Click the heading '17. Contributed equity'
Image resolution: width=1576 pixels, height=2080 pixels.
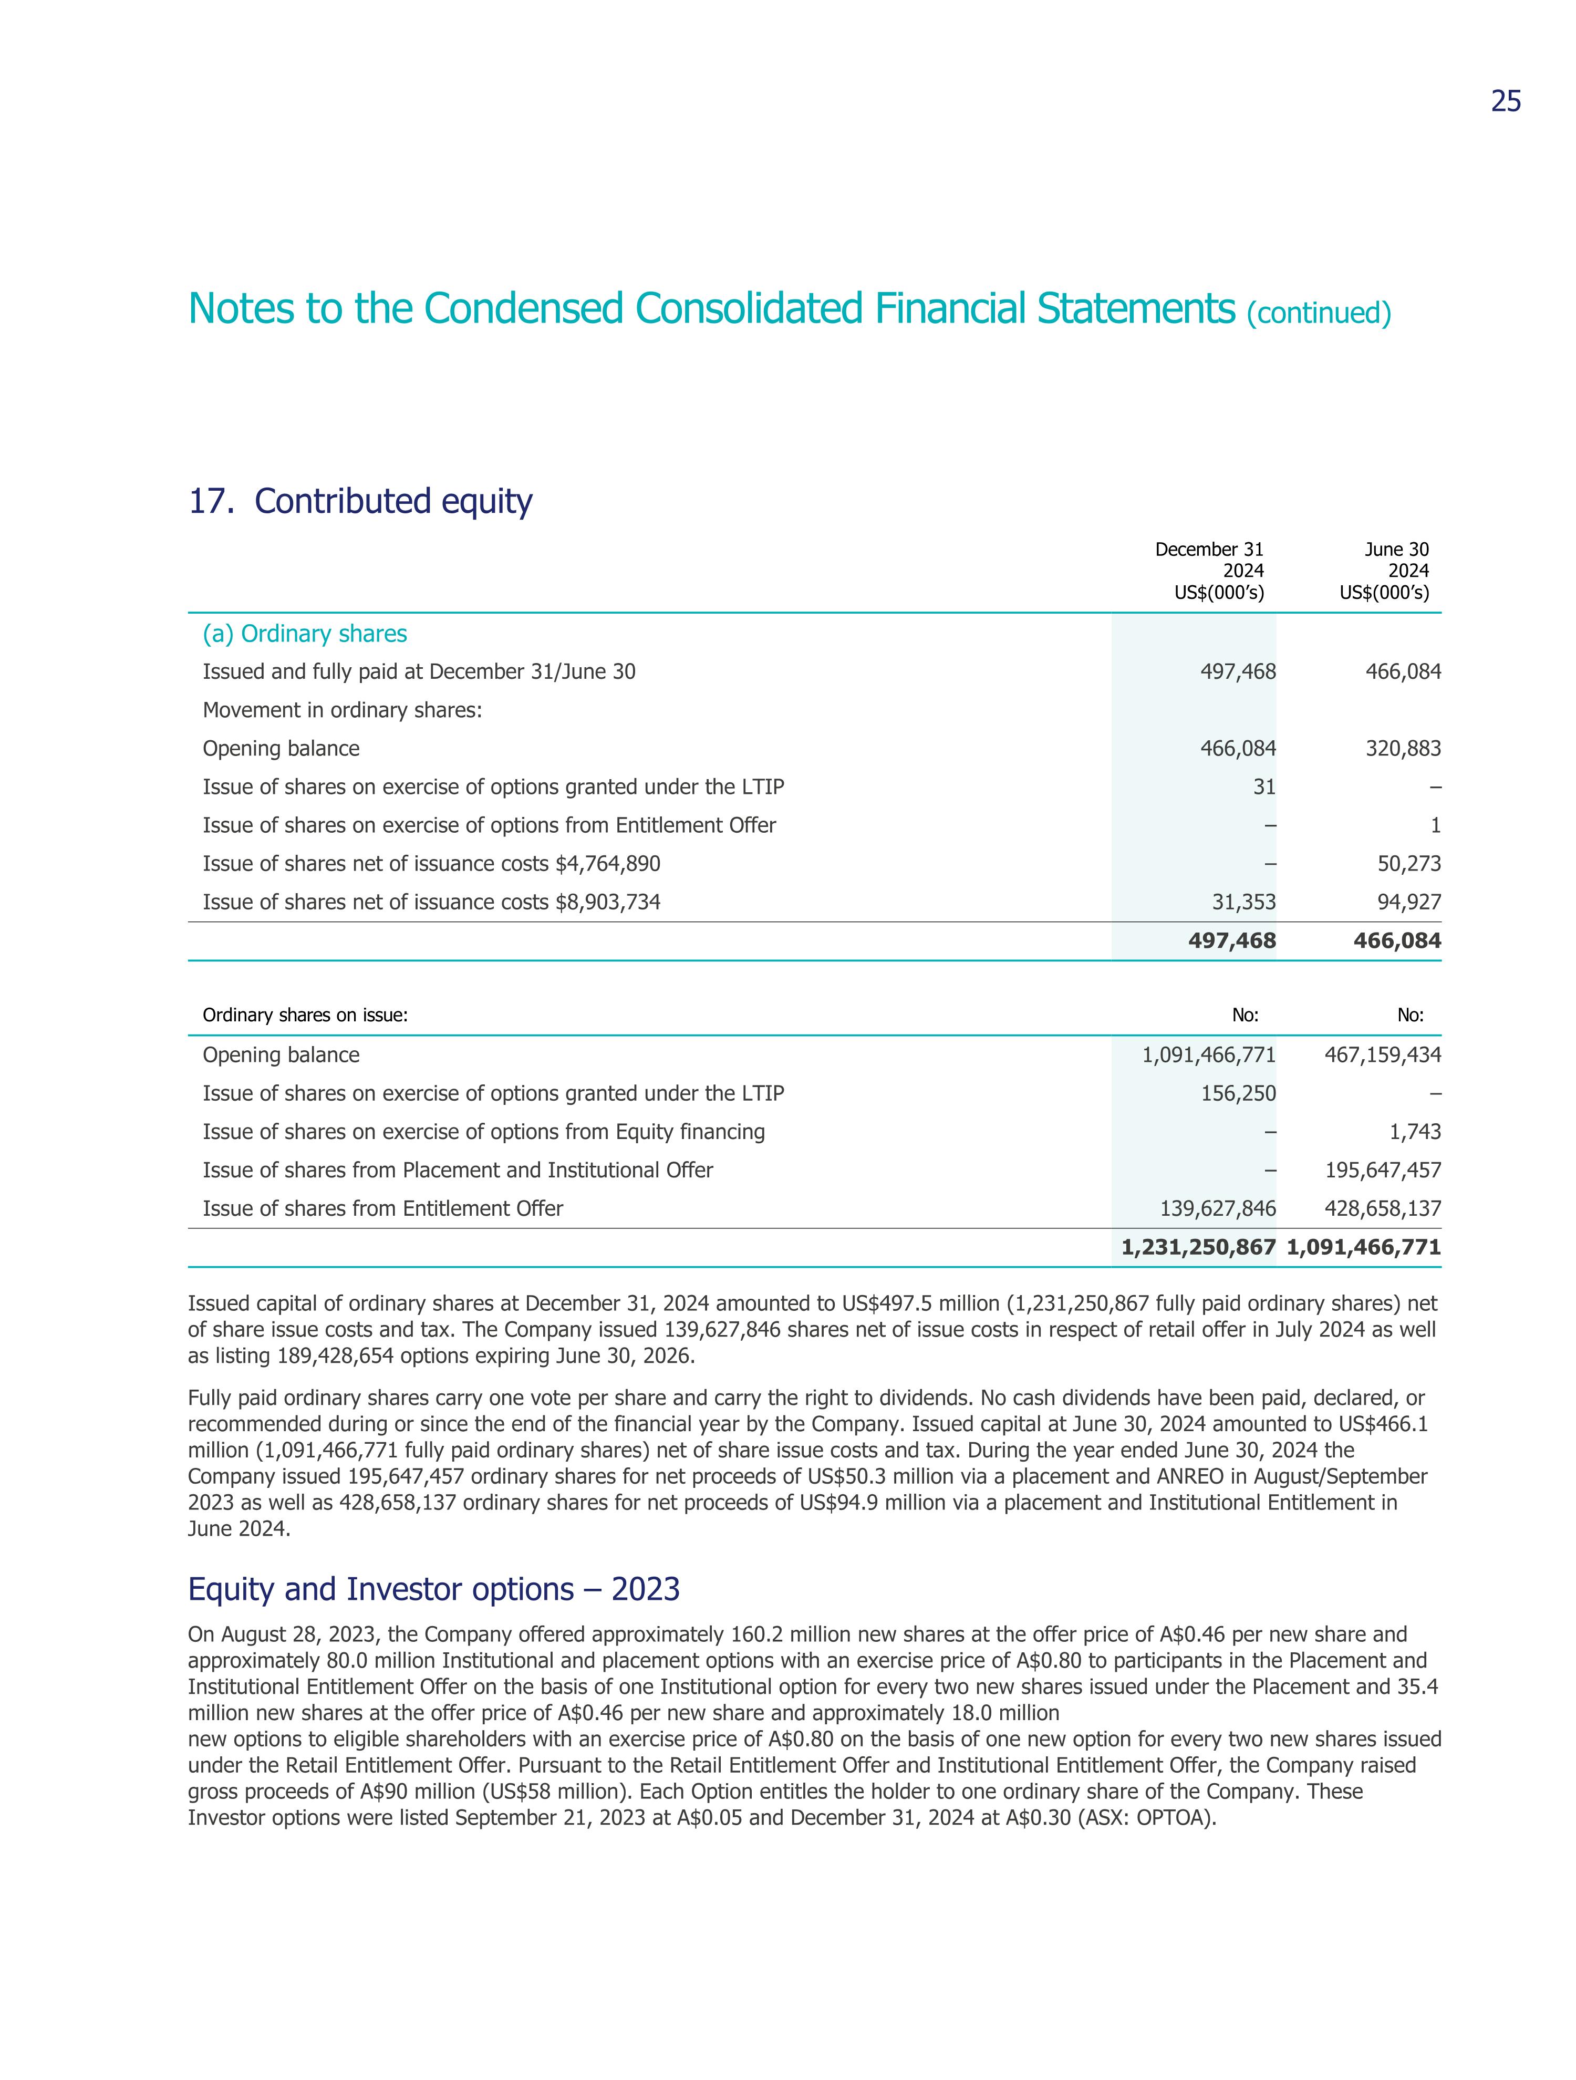pos(360,501)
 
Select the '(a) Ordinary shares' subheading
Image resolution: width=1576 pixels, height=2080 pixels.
pos(305,634)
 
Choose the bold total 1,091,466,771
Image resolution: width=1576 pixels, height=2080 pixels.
pos(1363,1248)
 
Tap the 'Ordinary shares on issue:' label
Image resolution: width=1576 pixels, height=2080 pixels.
pos(305,1016)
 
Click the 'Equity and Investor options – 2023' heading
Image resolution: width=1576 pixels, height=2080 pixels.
pos(433,1589)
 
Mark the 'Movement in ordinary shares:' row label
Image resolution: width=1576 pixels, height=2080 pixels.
pos(343,710)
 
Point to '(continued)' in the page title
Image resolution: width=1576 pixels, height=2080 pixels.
pos(1319,312)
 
